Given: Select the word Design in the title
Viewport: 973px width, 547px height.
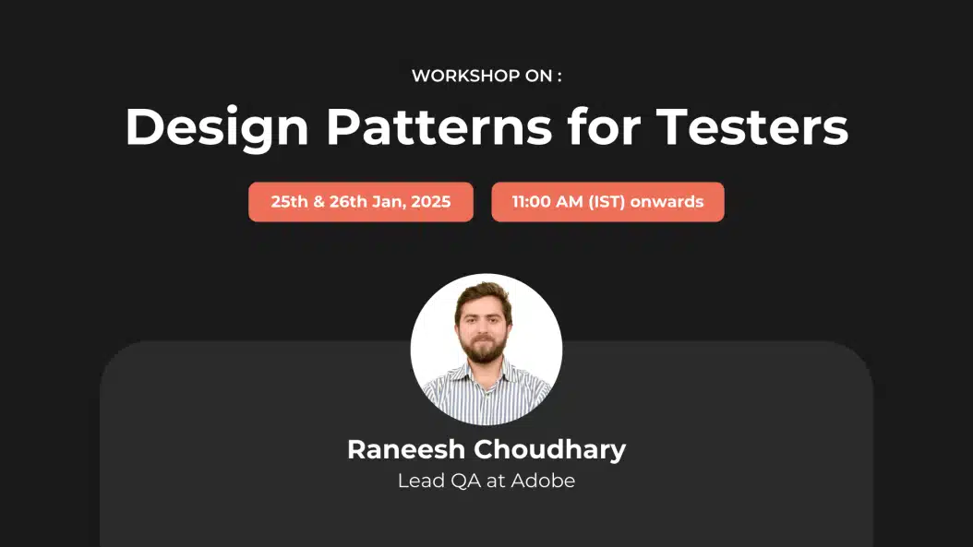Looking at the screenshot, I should (215, 127).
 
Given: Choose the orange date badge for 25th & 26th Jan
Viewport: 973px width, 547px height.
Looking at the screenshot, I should (360, 202).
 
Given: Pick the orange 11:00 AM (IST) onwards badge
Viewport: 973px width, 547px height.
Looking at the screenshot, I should (607, 202).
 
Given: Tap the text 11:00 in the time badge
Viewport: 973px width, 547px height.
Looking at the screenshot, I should (532, 202).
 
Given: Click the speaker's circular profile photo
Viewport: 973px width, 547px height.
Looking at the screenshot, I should (486, 350).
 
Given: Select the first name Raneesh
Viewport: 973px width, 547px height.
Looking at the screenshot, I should (406, 449).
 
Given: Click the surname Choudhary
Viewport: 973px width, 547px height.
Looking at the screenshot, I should (549, 449).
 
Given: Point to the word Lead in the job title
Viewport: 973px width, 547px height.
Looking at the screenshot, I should (419, 481).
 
